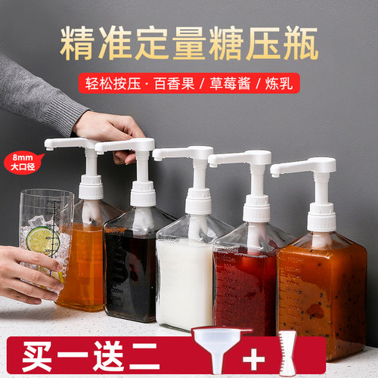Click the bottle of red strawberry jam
[x=246, y=287]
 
